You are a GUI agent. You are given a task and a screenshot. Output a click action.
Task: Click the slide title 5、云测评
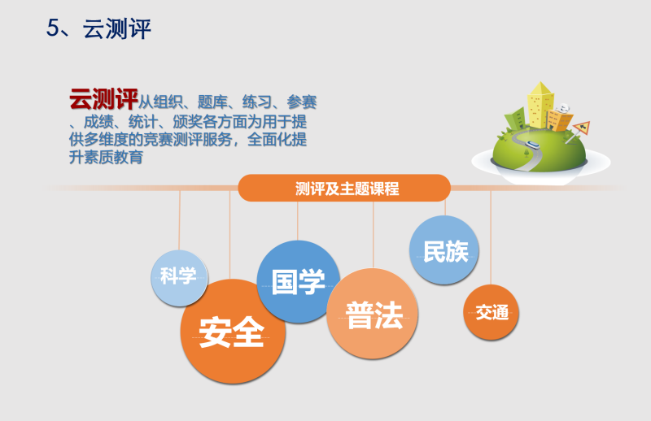click(x=98, y=28)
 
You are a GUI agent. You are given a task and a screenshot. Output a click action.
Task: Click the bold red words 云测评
click(x=103, y=99)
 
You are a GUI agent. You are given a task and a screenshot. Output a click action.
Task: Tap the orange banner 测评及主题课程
click(x=344, y=188)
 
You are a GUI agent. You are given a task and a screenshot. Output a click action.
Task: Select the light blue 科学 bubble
click(x=179, y=278)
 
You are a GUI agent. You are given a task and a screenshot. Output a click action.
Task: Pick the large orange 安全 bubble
click(x=233, y=331)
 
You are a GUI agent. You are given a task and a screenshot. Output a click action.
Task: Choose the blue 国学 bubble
click(x=298, y=282)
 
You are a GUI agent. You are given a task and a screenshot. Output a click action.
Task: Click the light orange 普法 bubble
click(x=373, y=314)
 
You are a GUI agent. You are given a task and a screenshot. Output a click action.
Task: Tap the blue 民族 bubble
click(x=444, y=250)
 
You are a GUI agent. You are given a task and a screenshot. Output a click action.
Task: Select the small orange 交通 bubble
click(x=492, y=312)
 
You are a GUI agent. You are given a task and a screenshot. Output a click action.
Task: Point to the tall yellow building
click(x=540, y=106)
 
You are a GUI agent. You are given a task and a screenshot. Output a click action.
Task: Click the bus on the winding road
click(x=533, y=145)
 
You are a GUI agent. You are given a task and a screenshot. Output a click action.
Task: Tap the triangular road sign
click(x=581, y=128)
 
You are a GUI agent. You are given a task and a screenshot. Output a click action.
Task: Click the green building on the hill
click(x=516, y=119)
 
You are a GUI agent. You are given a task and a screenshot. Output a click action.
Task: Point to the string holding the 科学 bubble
click(x=179, y=220)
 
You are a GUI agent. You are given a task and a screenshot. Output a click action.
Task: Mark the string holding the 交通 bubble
click(x=491, y=237)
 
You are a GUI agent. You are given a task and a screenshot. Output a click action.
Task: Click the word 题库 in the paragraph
click(x=212, y=102)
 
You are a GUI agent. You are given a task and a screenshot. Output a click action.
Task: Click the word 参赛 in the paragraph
click(x=301, y=102)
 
